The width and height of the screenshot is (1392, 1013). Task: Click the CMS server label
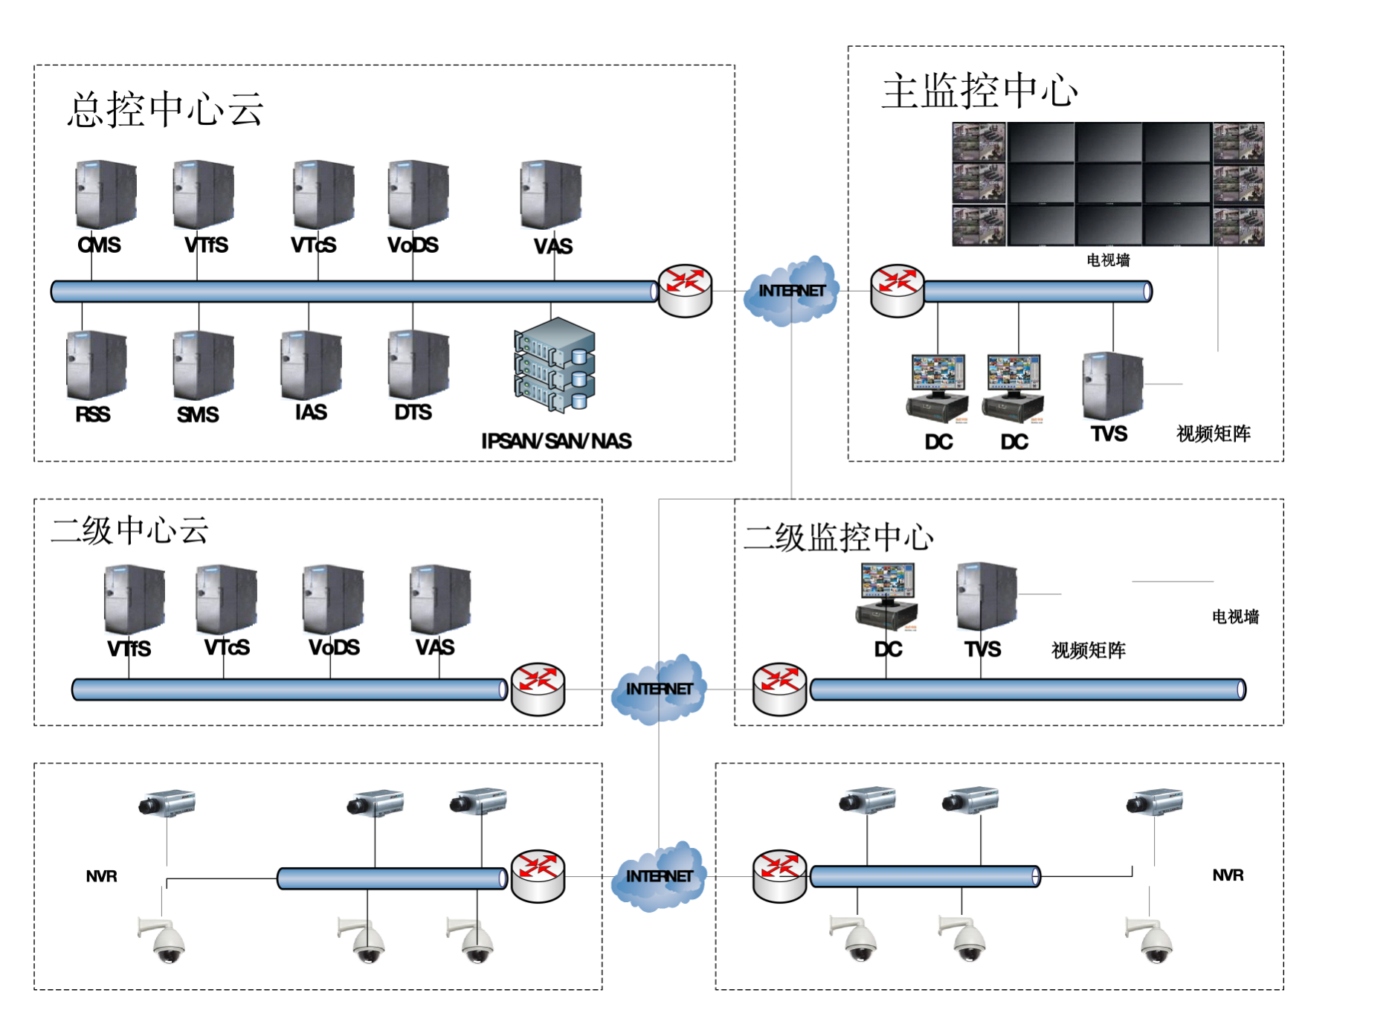point(99,245)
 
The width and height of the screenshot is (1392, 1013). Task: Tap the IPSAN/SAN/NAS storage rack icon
point(555,365)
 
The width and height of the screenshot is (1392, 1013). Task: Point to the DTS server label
point(413,412)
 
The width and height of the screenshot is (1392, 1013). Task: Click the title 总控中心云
point(166,109)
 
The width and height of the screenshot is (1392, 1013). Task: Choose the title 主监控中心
point(979,91)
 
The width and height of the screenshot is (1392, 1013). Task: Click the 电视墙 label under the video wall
point(1108,260)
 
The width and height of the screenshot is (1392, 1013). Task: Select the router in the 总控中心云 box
point(685,290)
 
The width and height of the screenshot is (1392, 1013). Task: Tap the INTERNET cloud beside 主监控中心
point(791,291)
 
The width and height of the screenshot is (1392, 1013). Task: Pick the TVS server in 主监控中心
point(1112,385)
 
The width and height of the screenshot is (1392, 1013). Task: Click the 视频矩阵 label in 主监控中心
point(1213,434)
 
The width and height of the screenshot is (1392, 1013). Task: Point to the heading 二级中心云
point(129,530)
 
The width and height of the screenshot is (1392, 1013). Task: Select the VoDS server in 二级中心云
point(333,599)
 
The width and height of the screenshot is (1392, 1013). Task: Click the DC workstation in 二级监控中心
point(887,596)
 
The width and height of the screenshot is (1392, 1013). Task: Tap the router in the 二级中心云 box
point(538,689)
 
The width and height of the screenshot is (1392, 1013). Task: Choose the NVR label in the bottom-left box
point(101,876)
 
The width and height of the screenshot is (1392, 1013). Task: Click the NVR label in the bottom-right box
point(1228,875)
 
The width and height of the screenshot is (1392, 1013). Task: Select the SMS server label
point(198,414)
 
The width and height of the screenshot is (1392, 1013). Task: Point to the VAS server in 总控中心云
point(551,195)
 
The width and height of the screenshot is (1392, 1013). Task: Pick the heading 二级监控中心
point(838,537)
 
